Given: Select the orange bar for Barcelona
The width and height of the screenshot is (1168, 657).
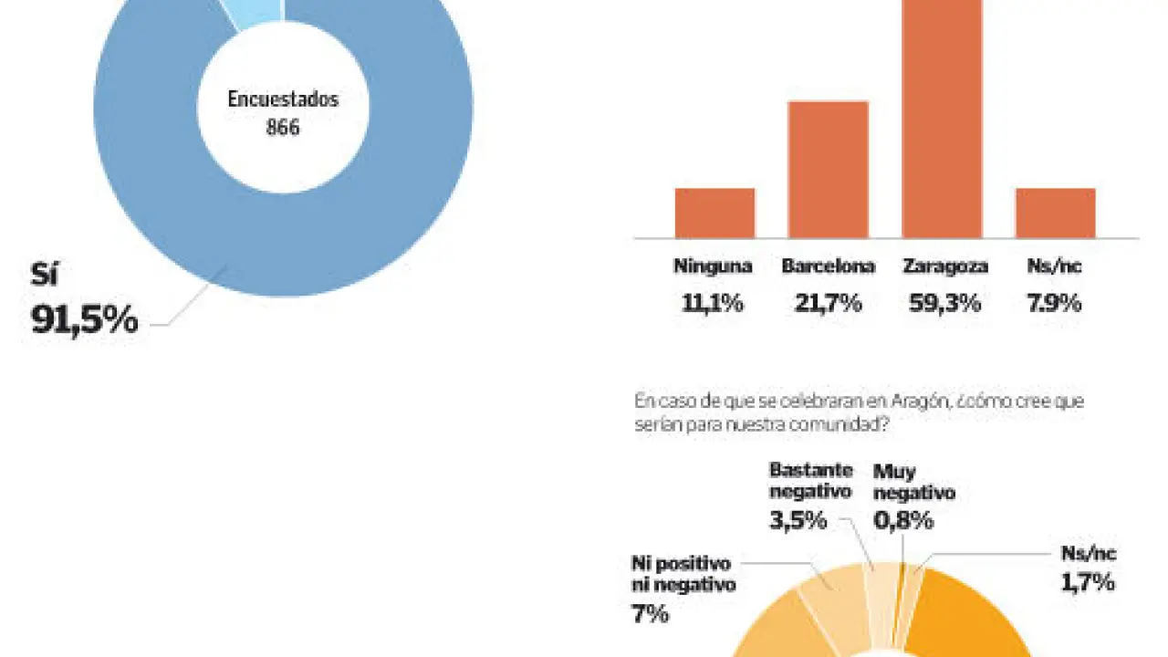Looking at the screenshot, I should (x=828, y=170).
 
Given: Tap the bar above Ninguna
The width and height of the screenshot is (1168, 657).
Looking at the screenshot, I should (x=714, y=213).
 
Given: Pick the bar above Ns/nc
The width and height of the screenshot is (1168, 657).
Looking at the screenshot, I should (x=1055, y=213).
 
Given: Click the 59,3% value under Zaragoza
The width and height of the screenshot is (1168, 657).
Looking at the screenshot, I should (x=944, y=304).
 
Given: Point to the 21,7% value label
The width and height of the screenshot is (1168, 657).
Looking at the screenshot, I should (x=828, y=304).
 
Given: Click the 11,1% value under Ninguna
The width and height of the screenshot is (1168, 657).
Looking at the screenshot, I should (x=713, y=304).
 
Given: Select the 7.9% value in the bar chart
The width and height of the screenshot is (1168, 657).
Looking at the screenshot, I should (x=1055, y=304).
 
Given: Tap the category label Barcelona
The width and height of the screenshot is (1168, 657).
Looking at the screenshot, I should (x=828, y=266).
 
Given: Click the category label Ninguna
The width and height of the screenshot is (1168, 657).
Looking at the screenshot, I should (x=713, y=266).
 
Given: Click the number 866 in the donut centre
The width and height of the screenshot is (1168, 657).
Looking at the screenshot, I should (x=283, y=128).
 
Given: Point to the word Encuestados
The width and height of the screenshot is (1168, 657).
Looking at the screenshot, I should (x=283, y=99).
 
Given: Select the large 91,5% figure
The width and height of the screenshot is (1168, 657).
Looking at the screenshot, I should (x=85, y=319).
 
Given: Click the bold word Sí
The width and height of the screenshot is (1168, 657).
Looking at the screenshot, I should (x=44, y=275).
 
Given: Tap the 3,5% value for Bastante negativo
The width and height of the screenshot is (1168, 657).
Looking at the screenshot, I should (x=798, y=521).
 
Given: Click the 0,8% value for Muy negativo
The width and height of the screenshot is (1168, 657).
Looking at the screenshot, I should (x=903, y=521).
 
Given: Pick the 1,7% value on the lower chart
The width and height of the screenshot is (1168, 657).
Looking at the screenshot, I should (x=1088, y=581).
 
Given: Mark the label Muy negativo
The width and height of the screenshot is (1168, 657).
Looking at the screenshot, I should (x=913, y=483).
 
